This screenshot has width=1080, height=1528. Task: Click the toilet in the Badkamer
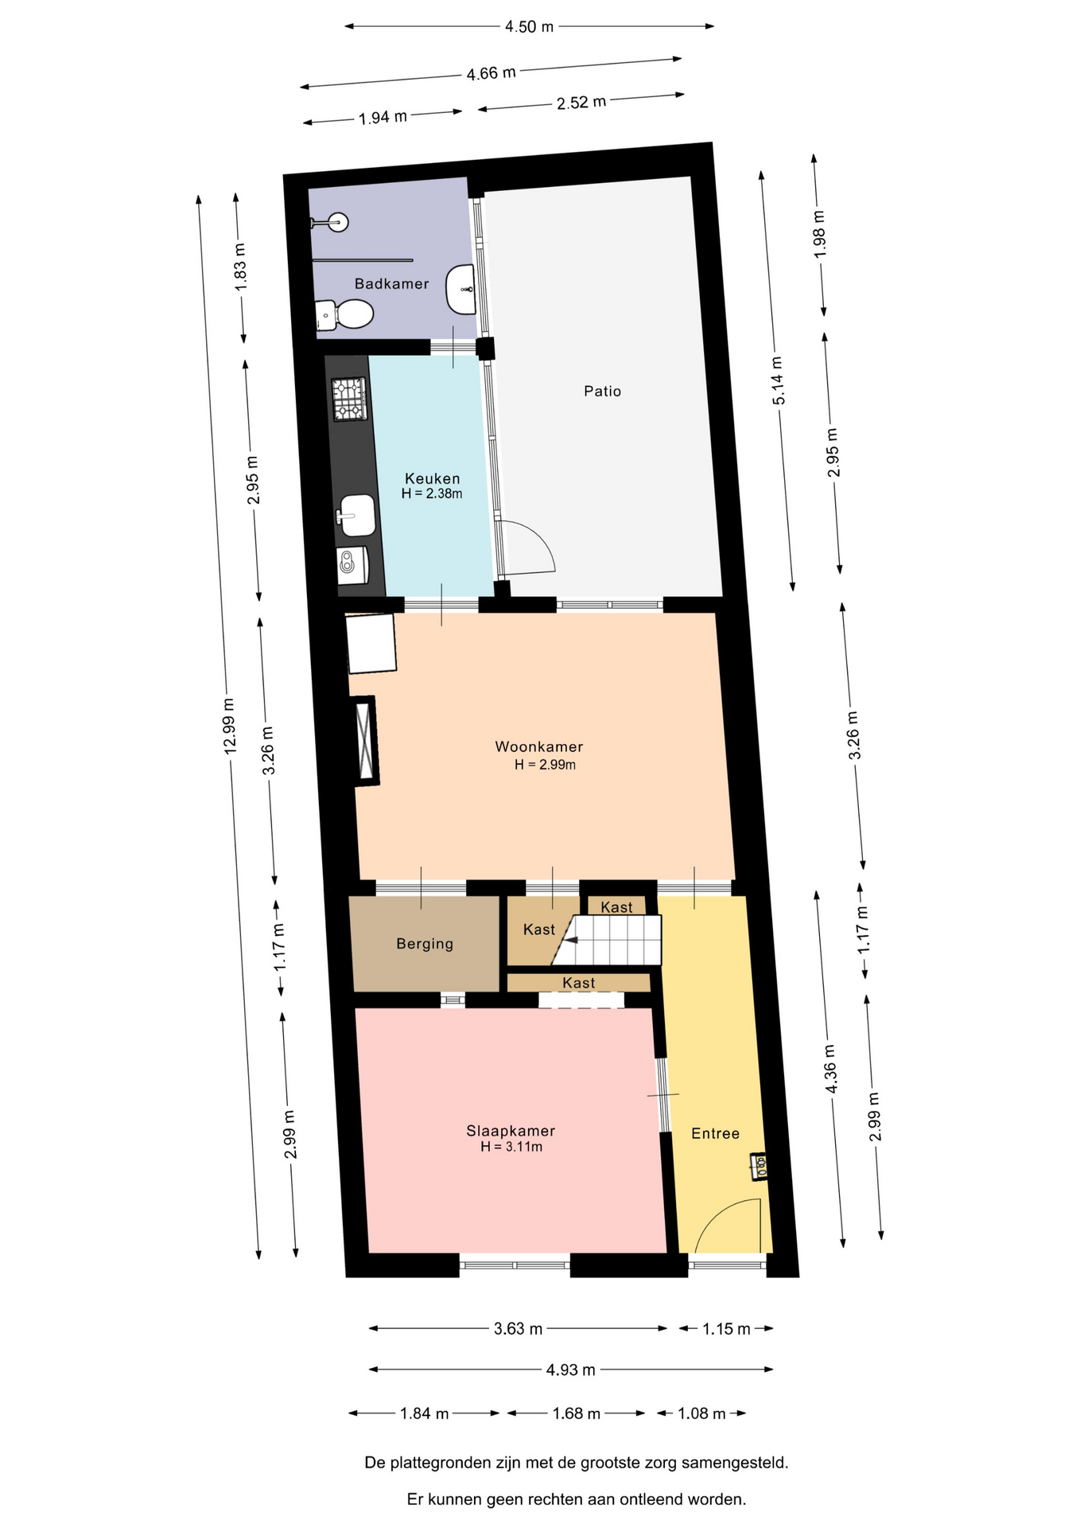pos(344,314)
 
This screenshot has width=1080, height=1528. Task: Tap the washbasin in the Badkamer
pos(461,290)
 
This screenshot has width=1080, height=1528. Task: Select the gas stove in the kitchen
pos(349,399)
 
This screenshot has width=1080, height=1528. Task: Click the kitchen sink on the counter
pos(357,515)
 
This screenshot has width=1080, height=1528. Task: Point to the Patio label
pos(602,391)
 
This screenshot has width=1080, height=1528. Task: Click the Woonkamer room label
pos(539,746)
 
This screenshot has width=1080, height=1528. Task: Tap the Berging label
pos(425,944)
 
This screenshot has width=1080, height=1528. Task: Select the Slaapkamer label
pos(511,1131)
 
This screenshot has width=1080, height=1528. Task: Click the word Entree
pos(715,1133)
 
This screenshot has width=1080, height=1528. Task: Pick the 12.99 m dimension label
pos(230,726)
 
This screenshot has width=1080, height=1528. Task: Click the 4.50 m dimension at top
pos(529,27)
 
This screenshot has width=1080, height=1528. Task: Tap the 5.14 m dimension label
pos(778,381)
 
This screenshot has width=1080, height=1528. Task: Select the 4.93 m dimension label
pos(570,1370)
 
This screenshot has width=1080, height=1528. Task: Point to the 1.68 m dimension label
pos(577,1413)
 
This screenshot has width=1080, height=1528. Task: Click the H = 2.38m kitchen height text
pos(432,493)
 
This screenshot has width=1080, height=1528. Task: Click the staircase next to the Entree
pos(612,940)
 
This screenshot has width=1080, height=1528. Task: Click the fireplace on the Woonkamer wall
pos(365,741)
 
